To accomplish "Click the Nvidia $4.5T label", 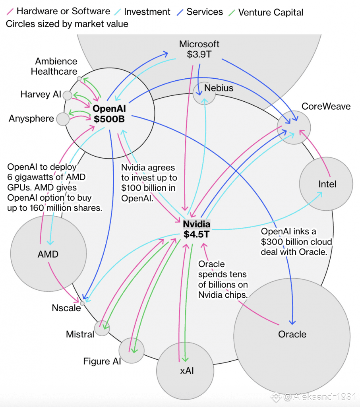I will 196,229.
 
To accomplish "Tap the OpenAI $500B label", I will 109,113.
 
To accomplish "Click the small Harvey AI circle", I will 68,95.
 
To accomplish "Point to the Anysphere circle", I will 63,118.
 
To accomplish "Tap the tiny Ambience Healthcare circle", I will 79,78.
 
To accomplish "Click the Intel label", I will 327,184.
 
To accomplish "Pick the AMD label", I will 48,254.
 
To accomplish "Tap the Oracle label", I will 292,334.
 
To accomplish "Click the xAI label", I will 186,371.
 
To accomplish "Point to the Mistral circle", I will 102,328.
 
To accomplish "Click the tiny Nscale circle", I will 82,303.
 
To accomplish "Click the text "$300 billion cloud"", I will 296,242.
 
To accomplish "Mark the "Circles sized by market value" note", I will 67,24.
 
